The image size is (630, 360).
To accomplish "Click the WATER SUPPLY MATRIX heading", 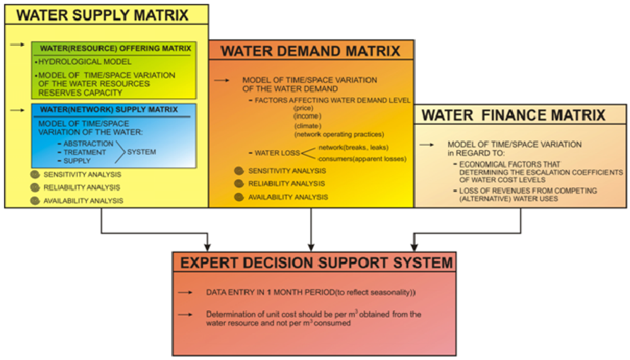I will tap(101, 15).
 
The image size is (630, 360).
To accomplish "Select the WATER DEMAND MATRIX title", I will tap(311, 51).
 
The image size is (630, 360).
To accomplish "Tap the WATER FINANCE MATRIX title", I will tap(513, 115).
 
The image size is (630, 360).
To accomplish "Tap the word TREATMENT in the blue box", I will tap(86, 153).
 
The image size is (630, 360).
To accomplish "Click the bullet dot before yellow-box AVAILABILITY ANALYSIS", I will tap(33, 200).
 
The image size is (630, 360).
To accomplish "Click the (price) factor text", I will tap(304, 108).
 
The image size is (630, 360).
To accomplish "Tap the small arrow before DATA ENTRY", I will tap(185, 293).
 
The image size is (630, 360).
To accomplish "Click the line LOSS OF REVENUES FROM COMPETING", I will tap(521, 190).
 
